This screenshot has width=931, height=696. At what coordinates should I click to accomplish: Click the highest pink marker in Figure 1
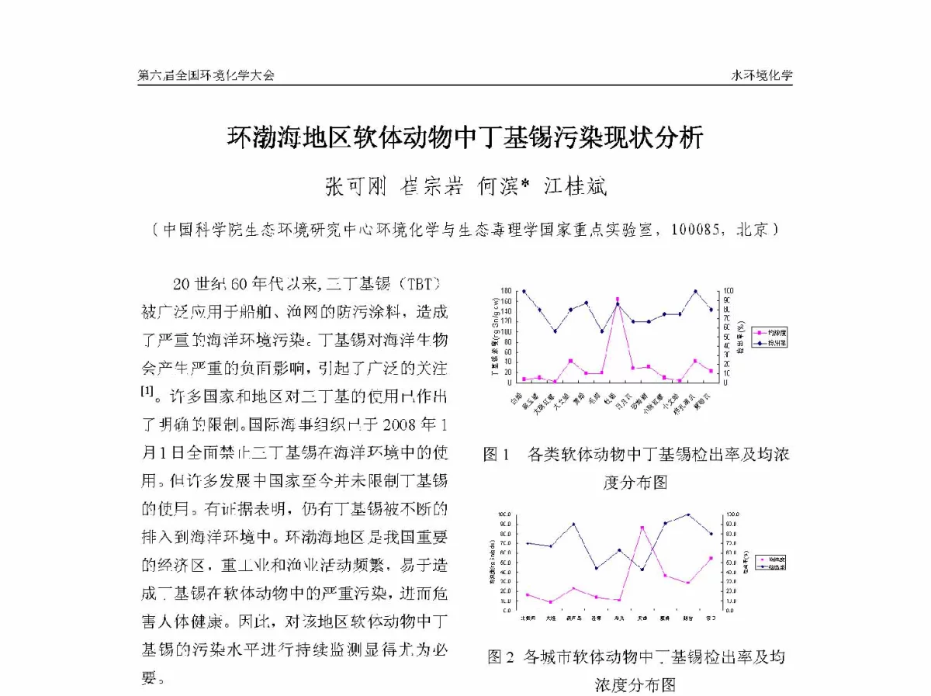(x=618, y=300)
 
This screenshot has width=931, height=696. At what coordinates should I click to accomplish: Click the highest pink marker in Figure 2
(x=642, y=528)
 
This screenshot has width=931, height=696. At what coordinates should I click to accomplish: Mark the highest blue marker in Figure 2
(x=688, y=514)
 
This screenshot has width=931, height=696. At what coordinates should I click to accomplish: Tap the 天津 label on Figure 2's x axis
(x=642, y=618)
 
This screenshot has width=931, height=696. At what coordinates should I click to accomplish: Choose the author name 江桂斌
(x=574, y=186)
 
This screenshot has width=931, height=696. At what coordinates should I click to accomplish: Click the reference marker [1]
(x=147, y=391)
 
